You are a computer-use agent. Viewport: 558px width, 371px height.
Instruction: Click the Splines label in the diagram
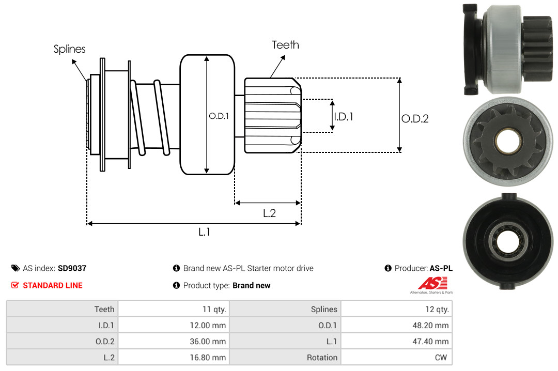(x=70, y=49)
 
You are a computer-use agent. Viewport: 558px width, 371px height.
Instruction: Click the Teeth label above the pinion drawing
(x=285, y=45)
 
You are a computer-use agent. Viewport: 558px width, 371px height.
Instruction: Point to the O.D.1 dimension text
(x=219, y=116)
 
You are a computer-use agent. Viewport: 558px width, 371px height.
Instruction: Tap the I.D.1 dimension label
(x=344, y=117)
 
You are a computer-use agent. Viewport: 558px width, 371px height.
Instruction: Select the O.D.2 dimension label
(x=415, y=118)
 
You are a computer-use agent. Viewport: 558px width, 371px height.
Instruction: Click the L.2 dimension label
(x=269, y=213)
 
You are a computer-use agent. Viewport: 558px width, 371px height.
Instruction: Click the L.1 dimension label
(x=205, y=232)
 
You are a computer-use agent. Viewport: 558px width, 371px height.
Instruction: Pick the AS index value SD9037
(x=72, y=268)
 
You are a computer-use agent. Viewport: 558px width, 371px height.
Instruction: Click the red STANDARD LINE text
(x=52, y=285)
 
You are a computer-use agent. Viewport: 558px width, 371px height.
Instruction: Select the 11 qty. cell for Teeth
(x=214, y=309)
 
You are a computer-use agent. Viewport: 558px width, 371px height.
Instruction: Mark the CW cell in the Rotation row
(x=442, y=357)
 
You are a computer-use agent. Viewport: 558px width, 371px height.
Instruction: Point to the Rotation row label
(x=322, y=357)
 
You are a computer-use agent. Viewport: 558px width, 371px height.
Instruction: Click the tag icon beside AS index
(x=16, y=268)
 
